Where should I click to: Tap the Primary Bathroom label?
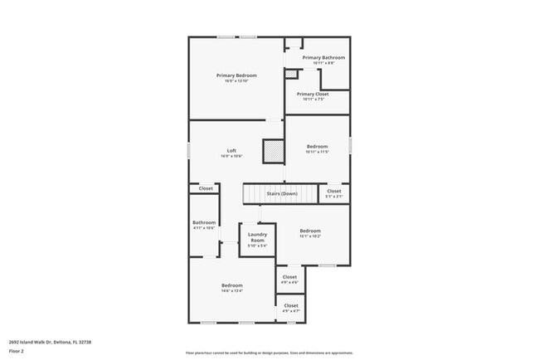323,57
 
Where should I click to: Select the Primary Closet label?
313,94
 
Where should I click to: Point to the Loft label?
231,150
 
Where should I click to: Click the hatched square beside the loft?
273,151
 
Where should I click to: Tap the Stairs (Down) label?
281,194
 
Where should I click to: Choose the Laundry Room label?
257,237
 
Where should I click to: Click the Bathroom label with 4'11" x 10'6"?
204,222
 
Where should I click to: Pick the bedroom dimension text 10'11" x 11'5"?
317,152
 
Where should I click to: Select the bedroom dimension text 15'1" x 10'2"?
310,236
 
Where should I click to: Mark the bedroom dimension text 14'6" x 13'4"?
231,291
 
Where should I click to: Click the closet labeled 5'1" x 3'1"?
334,196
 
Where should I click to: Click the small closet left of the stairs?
205,188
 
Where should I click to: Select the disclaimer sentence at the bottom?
269,353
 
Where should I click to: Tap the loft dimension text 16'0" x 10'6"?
231,156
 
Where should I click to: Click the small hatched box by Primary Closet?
290,74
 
